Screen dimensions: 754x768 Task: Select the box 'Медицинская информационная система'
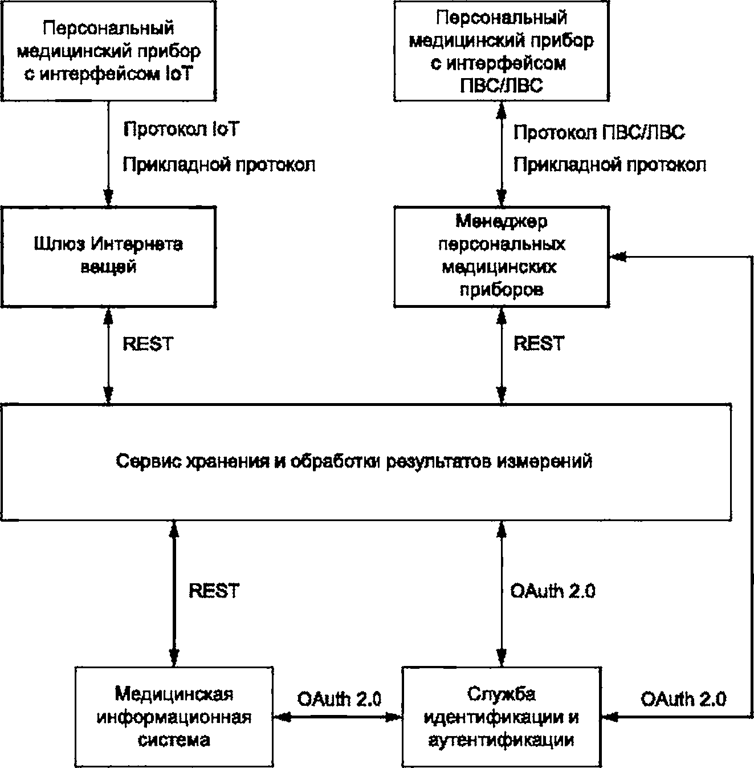pyautogui.click(x=174, y=717)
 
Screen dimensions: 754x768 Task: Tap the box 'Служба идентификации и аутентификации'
pyautogui.click(x=502, y=717)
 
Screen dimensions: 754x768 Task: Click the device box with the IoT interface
pyautogui.click(x=109, y=51)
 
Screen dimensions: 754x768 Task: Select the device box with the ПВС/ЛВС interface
pyautogui.click(x=502, y=51)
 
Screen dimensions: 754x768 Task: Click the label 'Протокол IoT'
pyautogui.click(x=181, y=129)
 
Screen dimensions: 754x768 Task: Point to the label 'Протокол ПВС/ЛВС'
pyautogui.click(x=599, y=132)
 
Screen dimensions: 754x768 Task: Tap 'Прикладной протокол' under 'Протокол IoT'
pyautogui.click(x=219, y=164)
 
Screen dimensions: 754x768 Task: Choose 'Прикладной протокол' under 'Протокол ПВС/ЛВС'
pyautogui.click(x=610, y=164)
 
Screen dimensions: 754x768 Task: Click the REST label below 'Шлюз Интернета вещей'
pyautogui.click(x=148, y=343)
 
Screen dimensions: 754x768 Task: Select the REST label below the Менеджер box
pyautogui.click(x=539, y=343)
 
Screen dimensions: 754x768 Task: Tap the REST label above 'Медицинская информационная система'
pyautogui.click(x=214, y=590)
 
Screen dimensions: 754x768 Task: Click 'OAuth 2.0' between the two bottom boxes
pyautogui.click(x=339, y=699)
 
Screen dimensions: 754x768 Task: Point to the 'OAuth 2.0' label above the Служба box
pyautogui.click(x=553, y=590)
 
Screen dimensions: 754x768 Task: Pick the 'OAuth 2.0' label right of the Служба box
pyautogui.click(x=683, y=699)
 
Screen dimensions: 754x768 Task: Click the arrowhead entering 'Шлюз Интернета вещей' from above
pyautogui.click(x=108, y=198)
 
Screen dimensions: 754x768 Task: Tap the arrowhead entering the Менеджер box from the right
pyautogui.click(x=618, y=257)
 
